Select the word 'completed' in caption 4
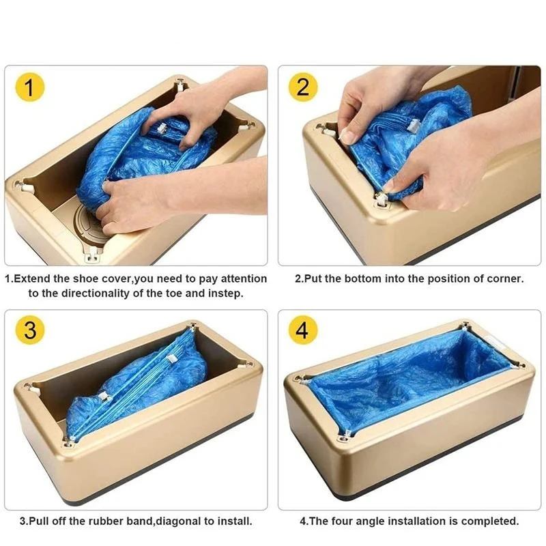[489, 521]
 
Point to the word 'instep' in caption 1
[226, 293]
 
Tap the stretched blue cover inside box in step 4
[403, 382]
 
